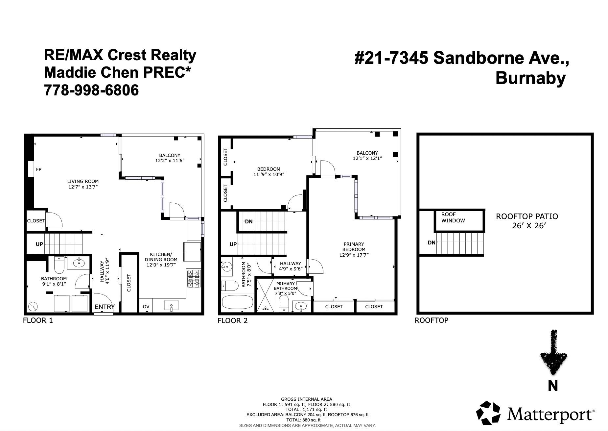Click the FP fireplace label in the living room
[x=39, y=169]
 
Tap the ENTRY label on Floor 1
[x=105, y=307]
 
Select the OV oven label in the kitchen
[x=146, y=307]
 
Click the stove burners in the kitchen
[x=194, y=278]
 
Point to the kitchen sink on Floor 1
[x=171, y=306]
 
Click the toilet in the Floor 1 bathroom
[x=59, y=266]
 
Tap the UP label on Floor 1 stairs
[x=39, y=244]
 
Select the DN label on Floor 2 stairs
[x=249, y=221]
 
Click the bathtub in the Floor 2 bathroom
[x=237, y=302]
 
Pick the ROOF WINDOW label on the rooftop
[x=453, y=217]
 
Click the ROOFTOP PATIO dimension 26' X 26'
[x=529, y=226]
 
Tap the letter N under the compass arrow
[x=553, y=385]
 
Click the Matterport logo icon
[x=488, y=413]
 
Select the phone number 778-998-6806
[x=91, y=90]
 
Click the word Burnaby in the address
[x=530, y=78]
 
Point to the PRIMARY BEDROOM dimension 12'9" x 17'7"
[x=354, y=255]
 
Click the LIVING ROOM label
[x=83, y=181]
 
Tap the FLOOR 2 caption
[x=232, y=321]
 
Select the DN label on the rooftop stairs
[x=432, y=243]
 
